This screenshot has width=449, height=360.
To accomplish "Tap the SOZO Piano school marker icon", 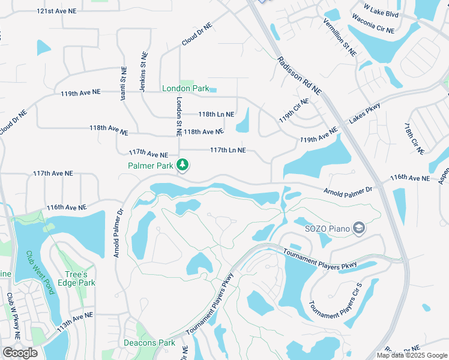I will pyautogui.click(x=359, y=227).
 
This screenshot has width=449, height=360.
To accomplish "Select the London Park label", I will pyautogui.click(x=185, y=88).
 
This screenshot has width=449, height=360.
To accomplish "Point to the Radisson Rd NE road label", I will pyautogui.click(x=300, y=75).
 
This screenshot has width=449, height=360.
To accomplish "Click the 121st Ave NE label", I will pyautogui.click(x=56, y=11).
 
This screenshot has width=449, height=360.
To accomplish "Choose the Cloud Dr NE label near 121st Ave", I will pyautogui.click(x=197, y=35).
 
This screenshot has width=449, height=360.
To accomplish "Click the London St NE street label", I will pyautogui.click(x=178, y=117).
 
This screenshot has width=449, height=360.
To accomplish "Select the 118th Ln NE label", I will pyautogui.click(x=216, y=114).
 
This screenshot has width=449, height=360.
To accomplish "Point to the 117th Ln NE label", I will pyautogui.click(x=228, y=150).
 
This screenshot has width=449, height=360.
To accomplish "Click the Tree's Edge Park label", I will pyautogui.click(x=79, y=278).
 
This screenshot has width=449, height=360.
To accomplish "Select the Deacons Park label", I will pyautogui.click(x=149, y=343).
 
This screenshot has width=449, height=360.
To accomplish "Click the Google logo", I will pyautogui.click(x=20, y=352).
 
